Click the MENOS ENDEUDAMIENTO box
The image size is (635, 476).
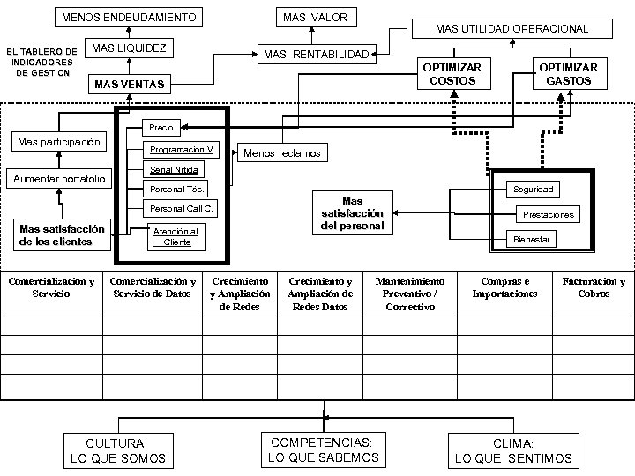pyautogui.click(x=129, y=18)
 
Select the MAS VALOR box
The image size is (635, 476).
pyautogui.click(x=314, y=18)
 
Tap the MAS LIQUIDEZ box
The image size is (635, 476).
pyautogui.click(x=129, y=48)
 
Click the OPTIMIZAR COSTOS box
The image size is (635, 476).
pyautogui.click(x=452, y=74)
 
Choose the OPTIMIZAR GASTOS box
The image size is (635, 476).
pyautogui.click(x=568, y=74)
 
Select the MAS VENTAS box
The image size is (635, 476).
pyautogui.click(x=129, y=85)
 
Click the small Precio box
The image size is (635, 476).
pyautogui.click(x=162, y=128)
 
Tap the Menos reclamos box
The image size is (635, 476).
pyautogui.click(x=282, y=153)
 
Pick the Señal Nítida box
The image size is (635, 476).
pyautogui.click(x=174, y=169)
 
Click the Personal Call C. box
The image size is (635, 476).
pyautogui.click(x=179, y=209)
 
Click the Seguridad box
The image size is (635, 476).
pyautogui.click(x=534, y=190)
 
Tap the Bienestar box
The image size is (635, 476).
pyautogui.click(x=533, y=239)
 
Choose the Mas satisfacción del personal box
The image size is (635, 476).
pyautogui.click(x=351, y=213)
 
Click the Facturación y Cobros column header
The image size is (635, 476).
pyautogui.click(x=593, y=287)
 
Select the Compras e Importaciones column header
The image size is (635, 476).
pyautogui.click(x=504, y=287)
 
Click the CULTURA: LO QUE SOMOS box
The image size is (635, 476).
pyautogui.click(x=117, y=451)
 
